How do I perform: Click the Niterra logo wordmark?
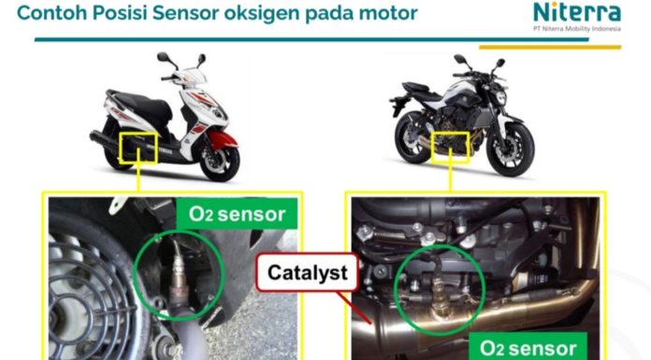click(x=577, y=12)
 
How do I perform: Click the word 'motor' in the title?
click(x=388, y=13)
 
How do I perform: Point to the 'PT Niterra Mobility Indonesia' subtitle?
click(x=577, y=29)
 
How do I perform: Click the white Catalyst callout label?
click(x=307, y=272)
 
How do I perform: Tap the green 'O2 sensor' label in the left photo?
click(x=237, y=214)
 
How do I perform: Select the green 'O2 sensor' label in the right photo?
click(x=528, y=347)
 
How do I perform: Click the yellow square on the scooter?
click(x=138, y=148)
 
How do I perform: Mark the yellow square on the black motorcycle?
click(x=450, y=147)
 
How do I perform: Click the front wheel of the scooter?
click(x=219, y=160)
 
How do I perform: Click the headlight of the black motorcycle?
click(x=500, y=98)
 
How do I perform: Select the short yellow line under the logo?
click(x=550, y=48)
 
